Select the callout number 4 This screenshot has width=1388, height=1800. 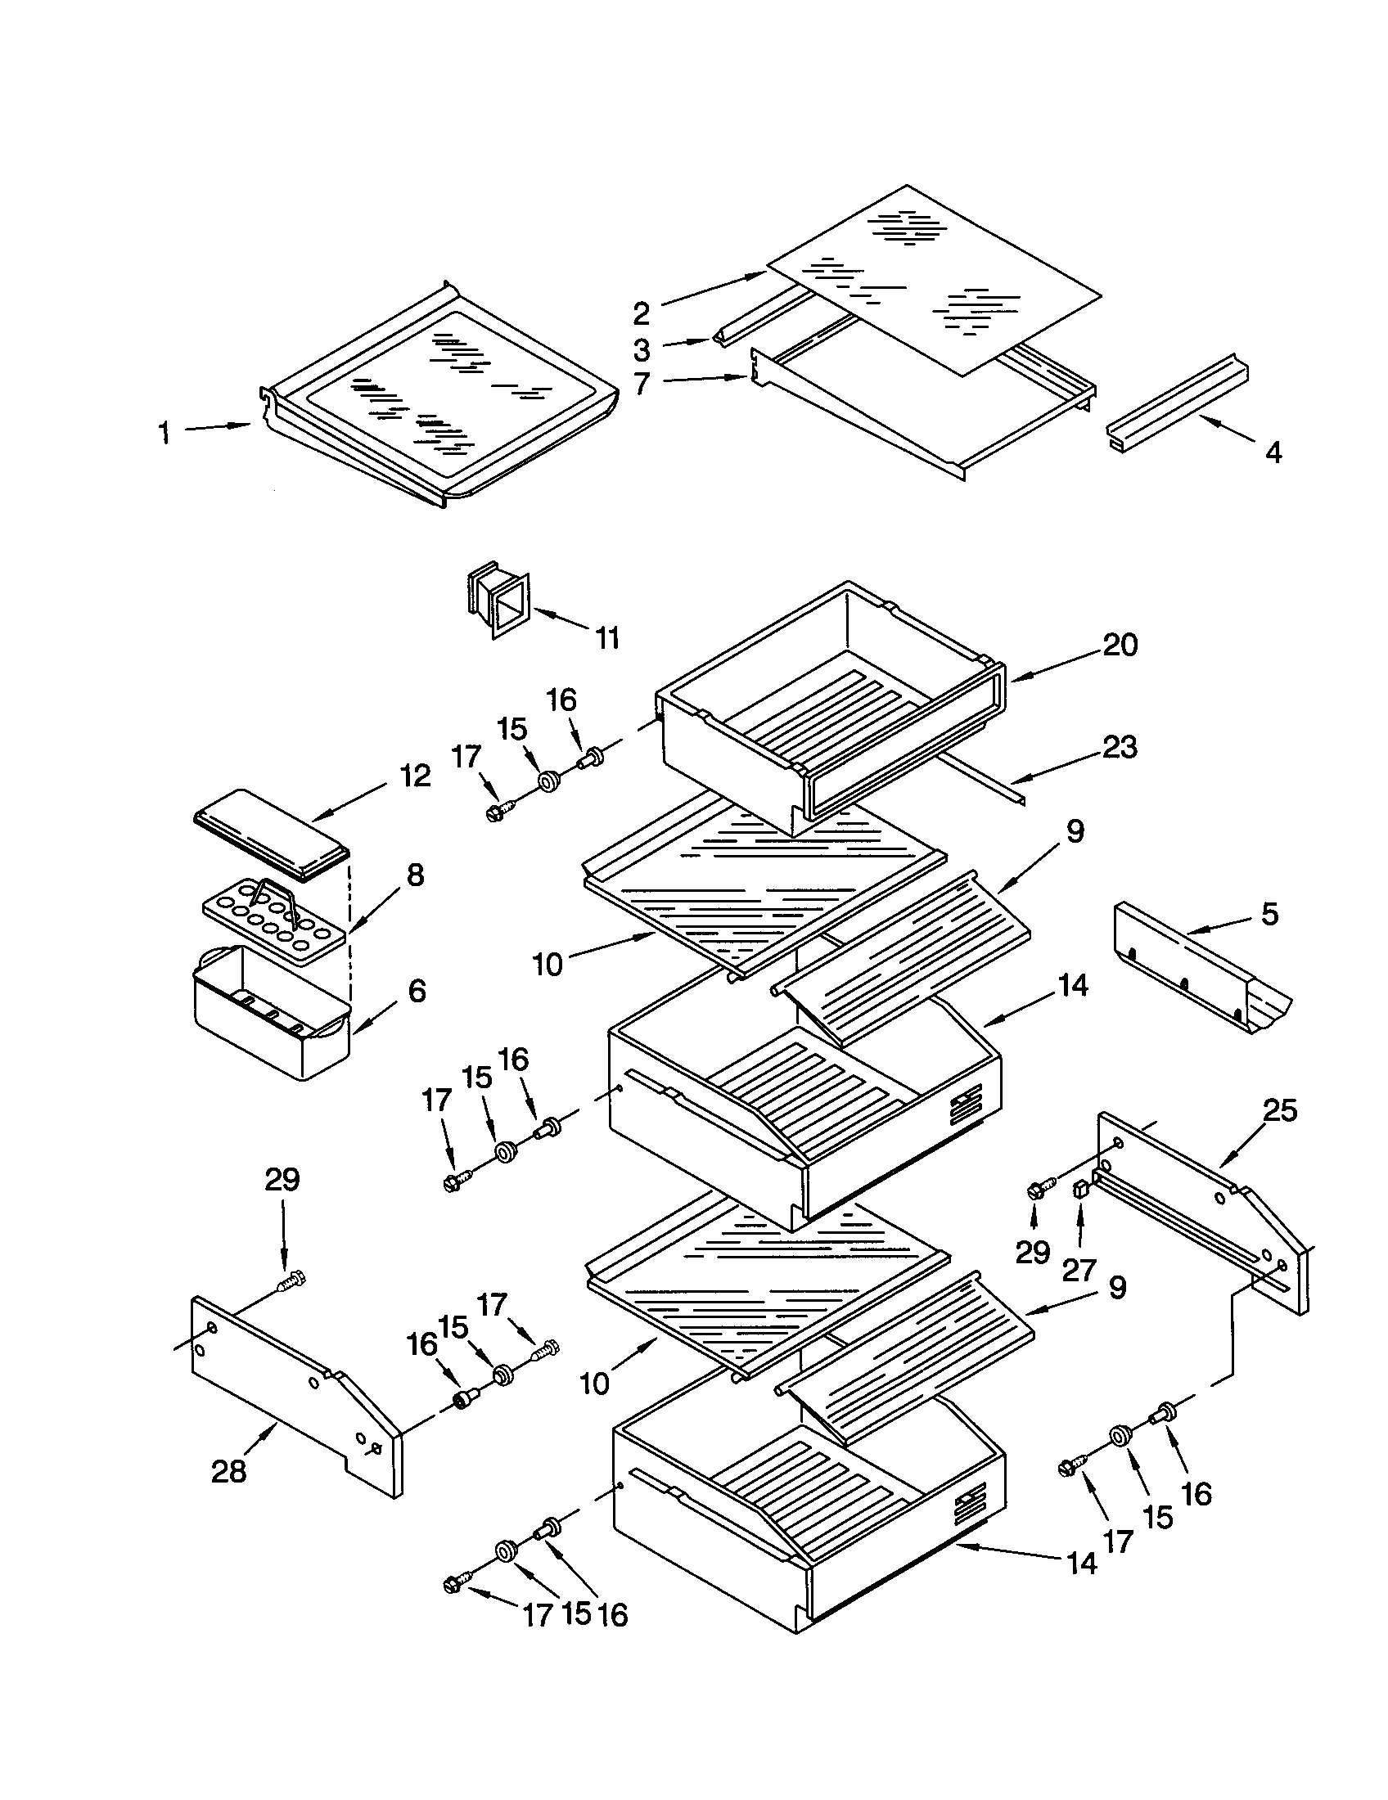(1273, 452)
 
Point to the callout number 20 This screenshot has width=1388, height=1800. (1120, 645)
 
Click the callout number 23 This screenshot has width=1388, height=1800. (1120, 748)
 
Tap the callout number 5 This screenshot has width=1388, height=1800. (1269, 913)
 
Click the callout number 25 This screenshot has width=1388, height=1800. (1280, 1110)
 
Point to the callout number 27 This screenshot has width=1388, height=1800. (1078, 1269)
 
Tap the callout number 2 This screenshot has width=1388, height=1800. (642, 313)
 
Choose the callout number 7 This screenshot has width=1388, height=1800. (642, 383)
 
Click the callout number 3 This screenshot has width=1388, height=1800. (642, 349)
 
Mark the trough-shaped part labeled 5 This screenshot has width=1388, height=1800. (1199, 973)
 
